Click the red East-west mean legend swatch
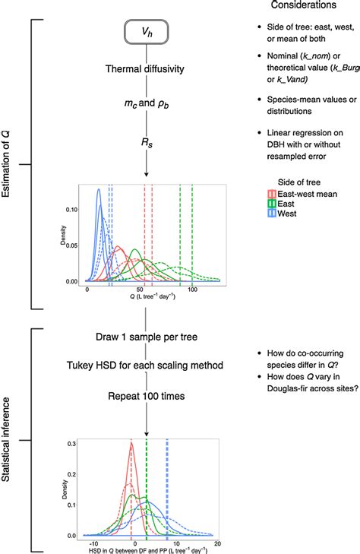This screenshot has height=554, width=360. click(264, 194)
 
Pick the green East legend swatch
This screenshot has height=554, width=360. click(264, 204)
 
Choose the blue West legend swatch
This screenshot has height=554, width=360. click(264, 214)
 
